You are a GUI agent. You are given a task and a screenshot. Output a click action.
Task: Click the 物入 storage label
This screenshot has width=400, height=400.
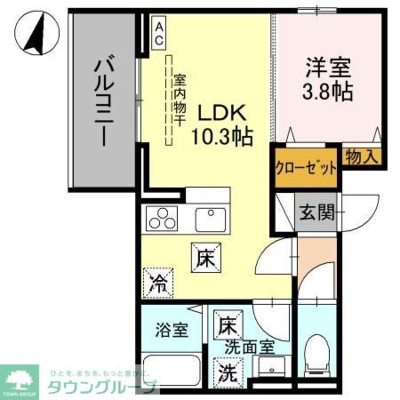pos(362,156)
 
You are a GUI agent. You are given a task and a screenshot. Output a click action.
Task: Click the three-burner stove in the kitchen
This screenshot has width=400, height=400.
pos(162,218)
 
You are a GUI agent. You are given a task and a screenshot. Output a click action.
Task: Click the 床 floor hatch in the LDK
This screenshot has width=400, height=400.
pos(206,258)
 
